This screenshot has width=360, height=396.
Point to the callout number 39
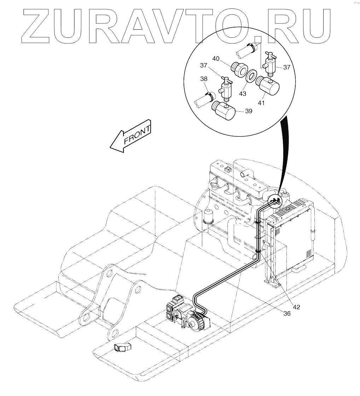(x=249, y=111)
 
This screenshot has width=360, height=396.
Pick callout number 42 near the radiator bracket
(x=296, y=307)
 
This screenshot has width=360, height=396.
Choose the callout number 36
(x=287, y=313)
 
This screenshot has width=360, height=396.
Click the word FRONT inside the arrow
(x=137, y=135)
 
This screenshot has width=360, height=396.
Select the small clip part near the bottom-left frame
(x=121, y=348)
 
